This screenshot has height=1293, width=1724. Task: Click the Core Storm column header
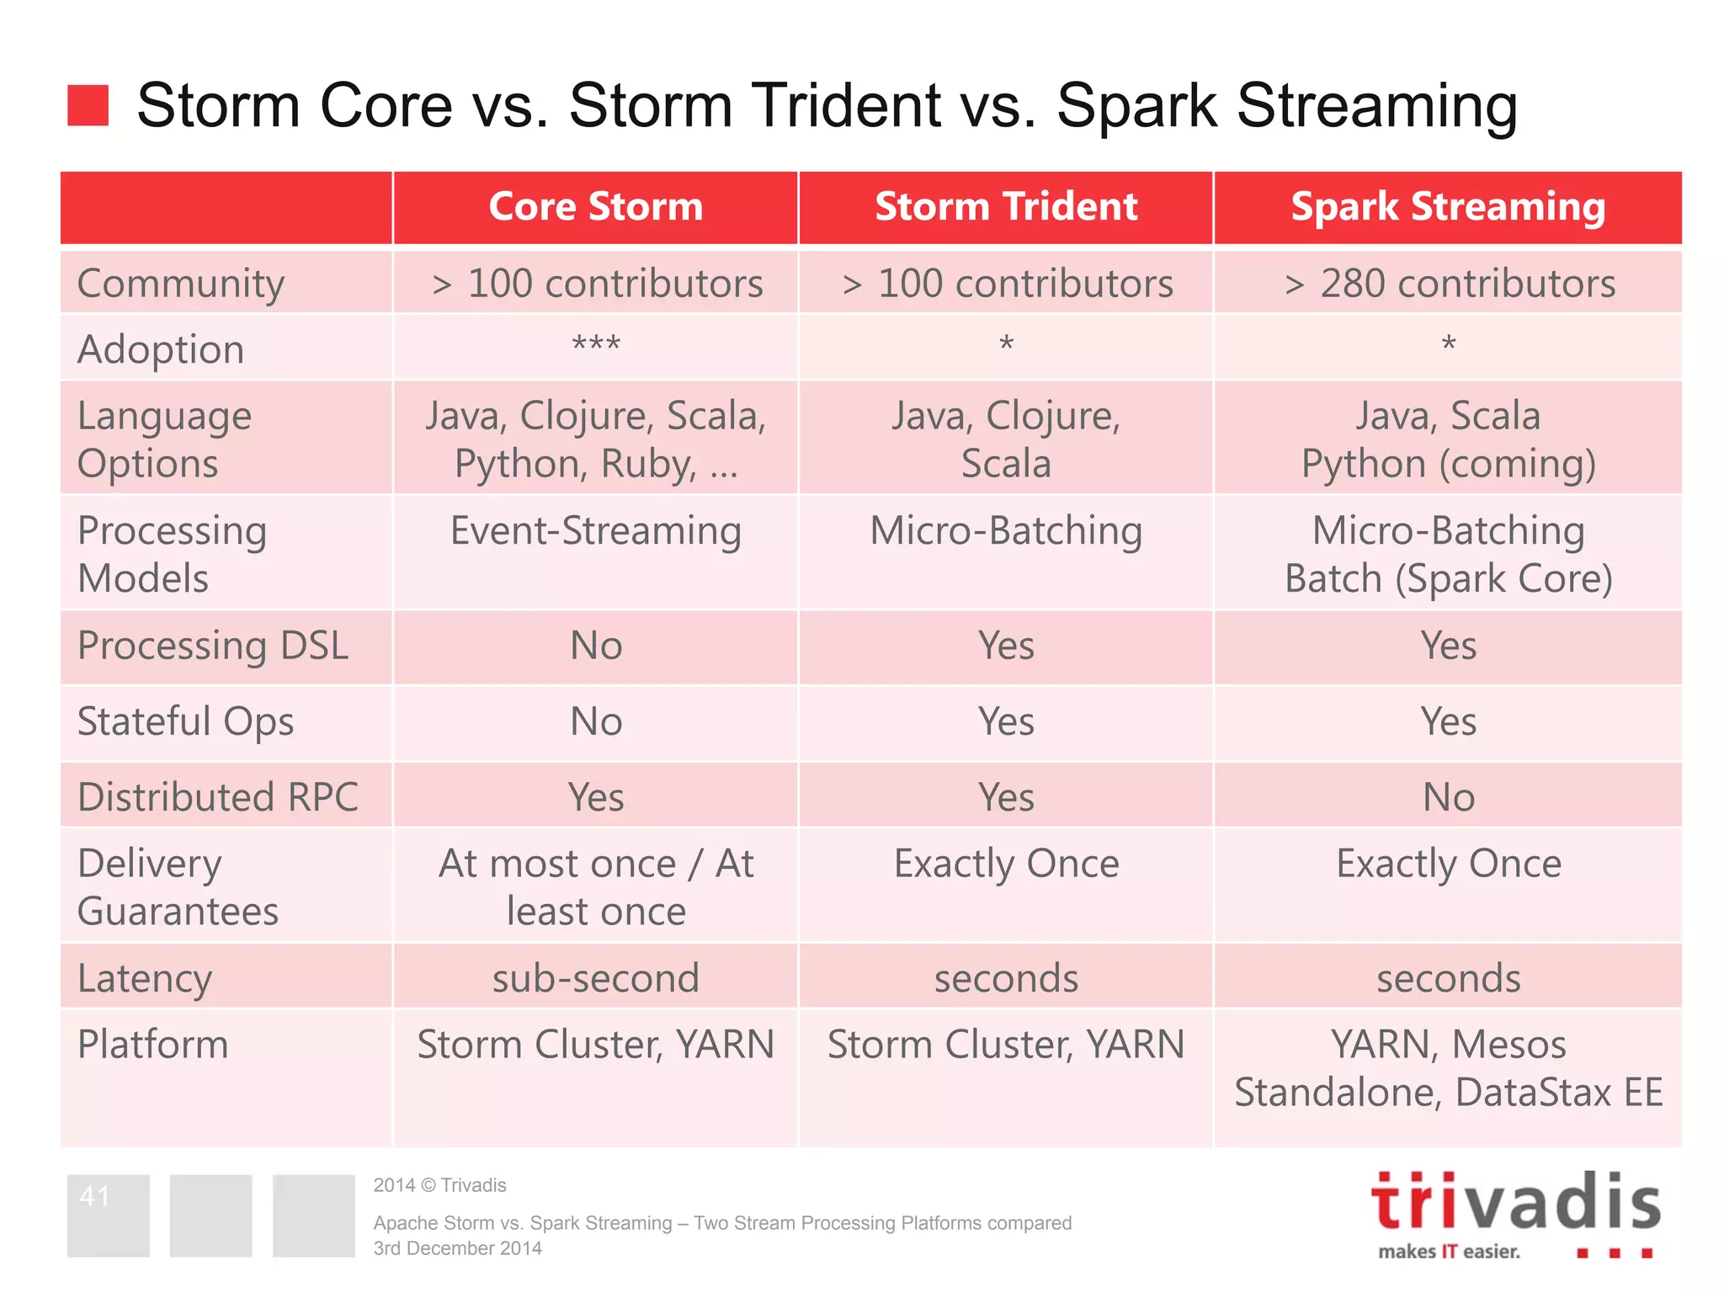pyautogui.click(x=595, y=207)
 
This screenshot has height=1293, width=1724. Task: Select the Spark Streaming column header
pyautogui.click(x=1448, y=207)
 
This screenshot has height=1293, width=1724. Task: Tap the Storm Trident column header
pyautogui.click(x=1006, y=207)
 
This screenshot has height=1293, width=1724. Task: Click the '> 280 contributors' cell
pyautogui.click(x=1449, y=284)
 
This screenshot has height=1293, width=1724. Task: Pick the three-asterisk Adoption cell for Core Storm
pyautogui.click(x=596, y=345)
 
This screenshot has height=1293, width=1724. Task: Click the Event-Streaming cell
pyautogui.click(x=595, y=531)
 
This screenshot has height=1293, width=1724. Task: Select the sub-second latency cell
pyautogui.click(x=595, y=978)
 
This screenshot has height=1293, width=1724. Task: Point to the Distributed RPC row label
pyautogui.click(x=217, y=797)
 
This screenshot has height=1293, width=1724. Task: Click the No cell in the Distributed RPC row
pyautogui.click(x=1448, y=797)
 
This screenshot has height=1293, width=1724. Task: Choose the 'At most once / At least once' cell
pyautogui.click(x=595, y=887)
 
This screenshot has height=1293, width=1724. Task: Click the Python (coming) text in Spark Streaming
pyautogui.click(x=1448, y=464)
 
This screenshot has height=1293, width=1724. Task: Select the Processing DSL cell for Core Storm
pyautogui.click(x=596, y=646)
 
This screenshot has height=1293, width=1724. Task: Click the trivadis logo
pyautogui.click(x=1515, y=1212)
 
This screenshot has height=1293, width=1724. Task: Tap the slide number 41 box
pyautogui.click(x=108, y=1215)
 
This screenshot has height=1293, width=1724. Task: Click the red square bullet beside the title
pyautogui.click(x=88, y=105)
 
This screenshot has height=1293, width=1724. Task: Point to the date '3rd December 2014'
pyautogui.click(x=457, y=1248)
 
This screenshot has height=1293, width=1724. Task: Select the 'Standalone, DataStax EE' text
pyautogui.click(x=1448, y=1093)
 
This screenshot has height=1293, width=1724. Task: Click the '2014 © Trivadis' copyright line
pyautogui.click(x=439, y=1185)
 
